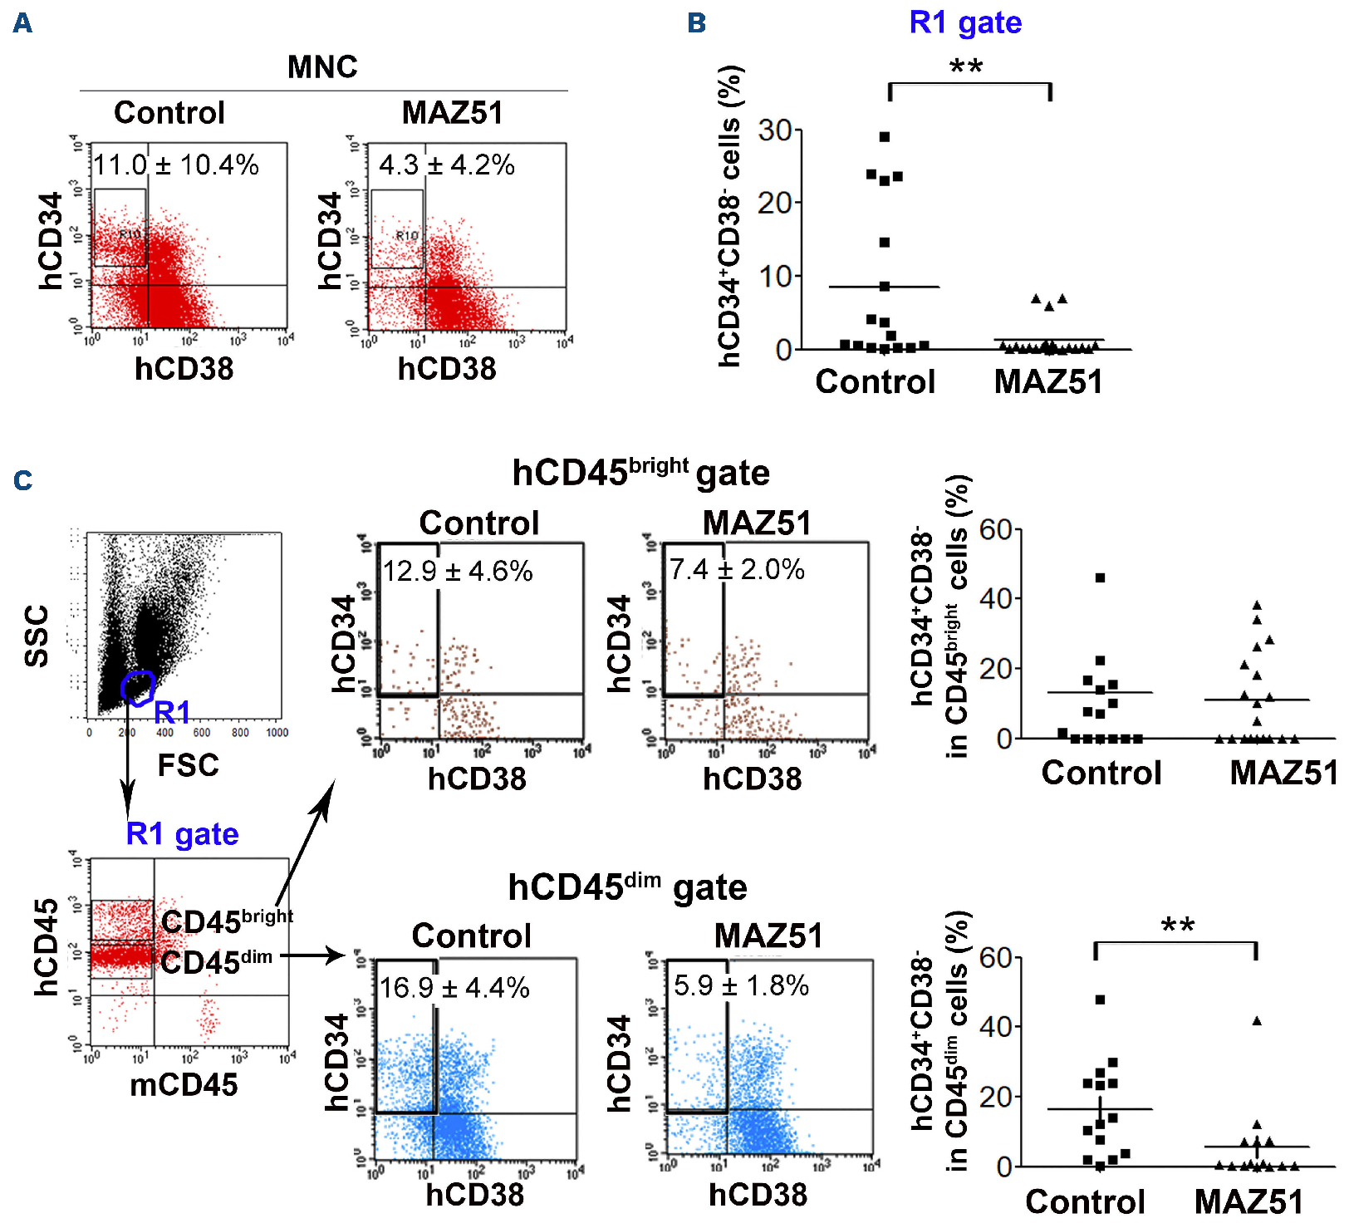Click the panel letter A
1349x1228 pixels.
[23, 23]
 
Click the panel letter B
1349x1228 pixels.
[697, 23]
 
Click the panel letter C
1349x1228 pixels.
[23, 480]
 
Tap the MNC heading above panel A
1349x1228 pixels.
[322, 67]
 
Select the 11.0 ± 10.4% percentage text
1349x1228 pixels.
[175, 165]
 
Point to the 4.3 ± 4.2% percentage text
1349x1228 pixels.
[447, 165]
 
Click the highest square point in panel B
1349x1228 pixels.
[885, 137]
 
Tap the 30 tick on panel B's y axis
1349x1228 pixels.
[774, 130]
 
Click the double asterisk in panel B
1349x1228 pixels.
[966, 66]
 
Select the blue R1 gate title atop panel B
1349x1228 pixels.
[965, 22]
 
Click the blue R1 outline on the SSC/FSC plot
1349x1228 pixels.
[138, 687]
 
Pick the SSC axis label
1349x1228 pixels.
[37, 636]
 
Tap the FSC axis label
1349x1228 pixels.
[189, 765]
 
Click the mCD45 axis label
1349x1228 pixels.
[184, 1084]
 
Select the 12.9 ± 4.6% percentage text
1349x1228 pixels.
[458, 572]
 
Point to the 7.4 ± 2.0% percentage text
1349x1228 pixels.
[737, 570]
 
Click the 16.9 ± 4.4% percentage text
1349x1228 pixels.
[454, 988]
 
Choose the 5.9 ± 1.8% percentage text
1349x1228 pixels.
[741, 986]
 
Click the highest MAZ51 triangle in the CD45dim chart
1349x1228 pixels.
[1257, 1021]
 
